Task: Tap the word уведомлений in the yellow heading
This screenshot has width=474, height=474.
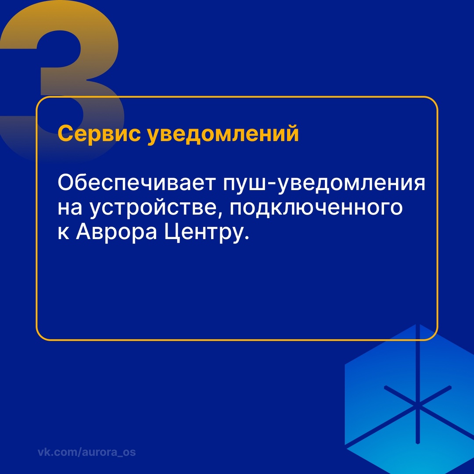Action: (x=223, y=133)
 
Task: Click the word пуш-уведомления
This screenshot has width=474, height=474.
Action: (x=324, y=183)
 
